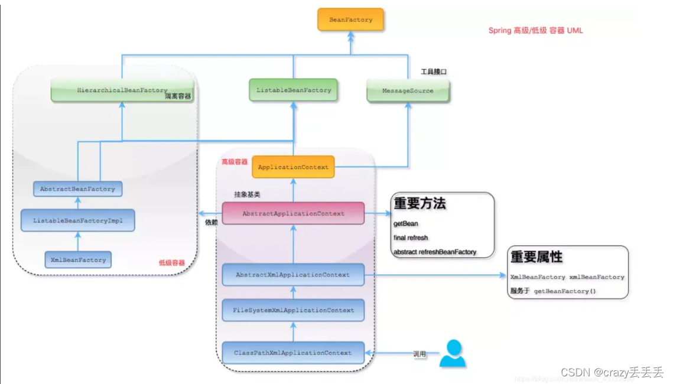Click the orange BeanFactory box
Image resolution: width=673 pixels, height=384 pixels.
point(350,19)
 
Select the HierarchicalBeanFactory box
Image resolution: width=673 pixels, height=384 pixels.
point(122,90)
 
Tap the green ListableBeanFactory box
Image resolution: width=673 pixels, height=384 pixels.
point(293,90)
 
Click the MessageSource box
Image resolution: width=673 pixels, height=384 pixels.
point(407,91)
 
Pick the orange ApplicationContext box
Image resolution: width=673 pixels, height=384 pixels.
point(293,167)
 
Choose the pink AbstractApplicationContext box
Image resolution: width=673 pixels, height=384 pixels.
point(293,213)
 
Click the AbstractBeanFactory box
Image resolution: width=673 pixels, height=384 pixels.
point(77,189)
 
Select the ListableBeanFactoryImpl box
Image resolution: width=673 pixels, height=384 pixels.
point(77,220)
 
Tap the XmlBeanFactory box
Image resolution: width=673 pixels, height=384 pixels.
point(77,260)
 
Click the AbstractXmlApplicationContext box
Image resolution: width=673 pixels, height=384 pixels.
point(293,275)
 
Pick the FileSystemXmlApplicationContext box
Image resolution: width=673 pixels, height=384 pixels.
point(293,310)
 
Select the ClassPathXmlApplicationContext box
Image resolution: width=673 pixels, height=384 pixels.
point(293,353)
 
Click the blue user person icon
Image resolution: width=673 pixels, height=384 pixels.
point(453,353)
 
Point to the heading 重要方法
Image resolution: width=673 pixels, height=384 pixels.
point(420,204)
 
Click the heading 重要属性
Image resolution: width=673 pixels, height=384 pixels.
point(537,258)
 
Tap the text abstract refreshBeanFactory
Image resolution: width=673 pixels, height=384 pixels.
point(434,252)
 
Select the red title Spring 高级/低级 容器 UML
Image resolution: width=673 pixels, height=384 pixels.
point(535,30)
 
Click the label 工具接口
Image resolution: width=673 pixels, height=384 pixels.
point(433,71)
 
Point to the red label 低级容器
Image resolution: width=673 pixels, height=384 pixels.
point(172,263)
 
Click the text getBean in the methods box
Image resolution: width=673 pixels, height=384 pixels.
point(406,224)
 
